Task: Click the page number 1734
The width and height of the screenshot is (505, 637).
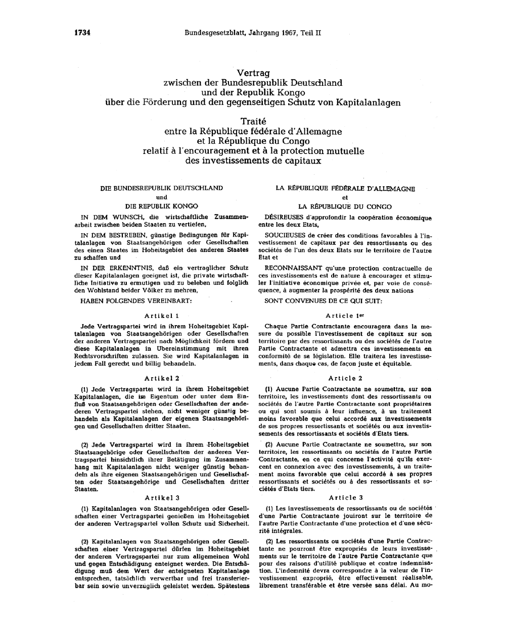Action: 82,33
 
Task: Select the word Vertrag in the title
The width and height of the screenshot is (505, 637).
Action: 253,73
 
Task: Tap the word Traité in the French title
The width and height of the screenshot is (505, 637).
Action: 253,122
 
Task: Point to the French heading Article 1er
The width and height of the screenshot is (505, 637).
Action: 345,315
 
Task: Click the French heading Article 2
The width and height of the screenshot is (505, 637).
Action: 345,378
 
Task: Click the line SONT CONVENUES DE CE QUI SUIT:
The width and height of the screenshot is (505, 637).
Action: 324,301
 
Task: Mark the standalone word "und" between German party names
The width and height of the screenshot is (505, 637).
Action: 162,197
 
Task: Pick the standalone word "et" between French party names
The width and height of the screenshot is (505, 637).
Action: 345,197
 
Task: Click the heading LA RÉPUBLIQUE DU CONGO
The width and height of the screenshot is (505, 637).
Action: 345,206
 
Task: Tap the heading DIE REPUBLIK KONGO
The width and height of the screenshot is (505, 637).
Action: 162,206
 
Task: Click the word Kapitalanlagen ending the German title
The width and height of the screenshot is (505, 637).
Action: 362,102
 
